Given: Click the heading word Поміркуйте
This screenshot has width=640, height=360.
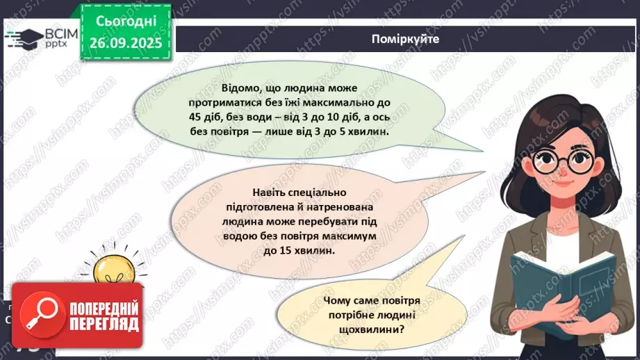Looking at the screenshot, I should [x=406, y=39].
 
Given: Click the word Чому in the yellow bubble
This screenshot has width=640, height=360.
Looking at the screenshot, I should [x=337, y=301].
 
